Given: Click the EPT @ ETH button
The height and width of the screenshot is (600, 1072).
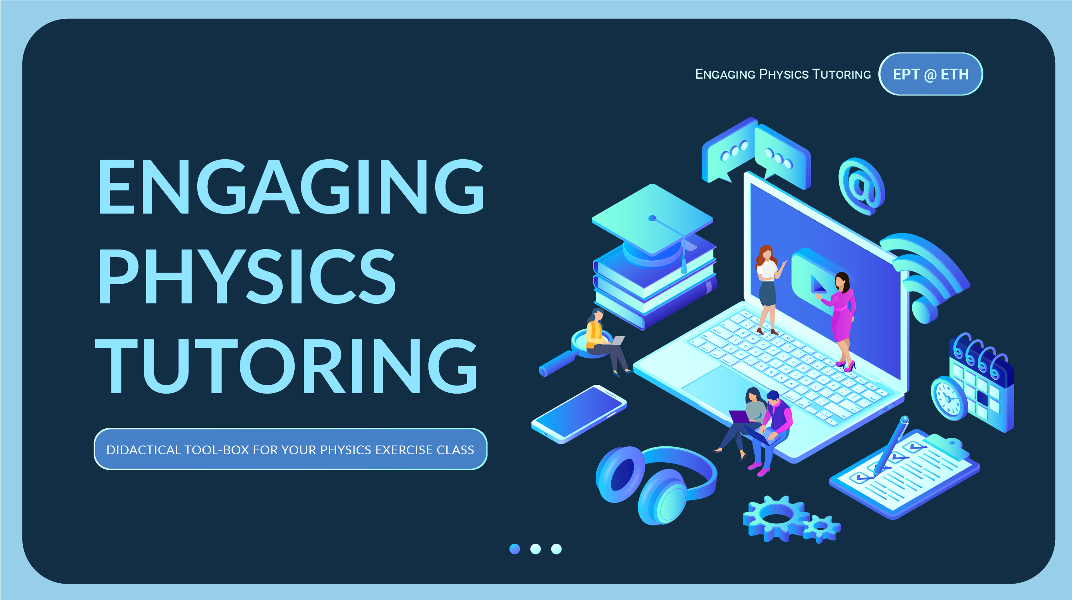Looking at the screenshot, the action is click(x=931, y=74).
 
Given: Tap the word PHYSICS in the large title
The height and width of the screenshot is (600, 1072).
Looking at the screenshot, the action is click(x=246, y=276).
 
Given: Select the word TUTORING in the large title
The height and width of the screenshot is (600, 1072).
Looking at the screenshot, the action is click(x=286, y=366).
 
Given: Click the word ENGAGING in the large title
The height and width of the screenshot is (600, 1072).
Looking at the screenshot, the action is click(x=291, y=186).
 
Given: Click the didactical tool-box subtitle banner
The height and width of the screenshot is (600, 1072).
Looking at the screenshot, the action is click(x=291, y=449).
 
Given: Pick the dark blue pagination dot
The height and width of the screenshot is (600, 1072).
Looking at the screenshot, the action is click(x=515, y=549).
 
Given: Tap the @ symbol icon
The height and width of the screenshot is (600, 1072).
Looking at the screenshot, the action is click(x=862, y=186).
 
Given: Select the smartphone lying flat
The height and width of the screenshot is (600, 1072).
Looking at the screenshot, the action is click(x=579, y=414).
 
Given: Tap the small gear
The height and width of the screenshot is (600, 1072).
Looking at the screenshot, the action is click(x=822, y=528).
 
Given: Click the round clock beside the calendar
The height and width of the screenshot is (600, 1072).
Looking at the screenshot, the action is click(x=949, y=398).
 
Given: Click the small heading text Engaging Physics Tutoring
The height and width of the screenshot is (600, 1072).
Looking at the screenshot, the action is click(x=783, y=74).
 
